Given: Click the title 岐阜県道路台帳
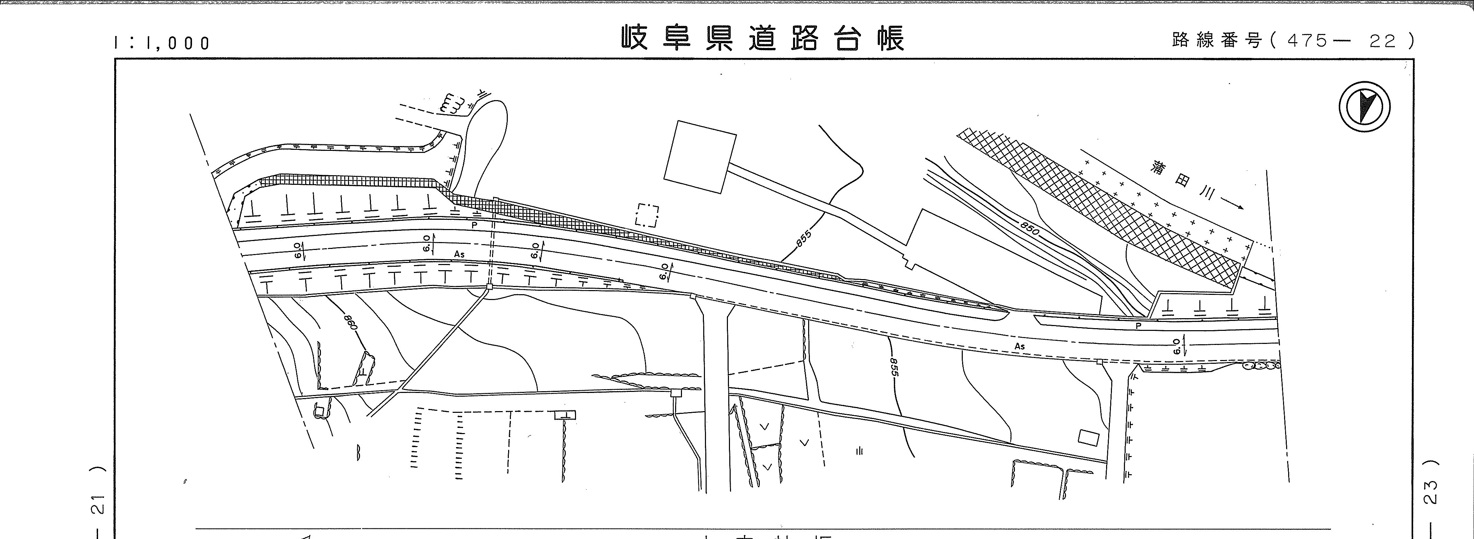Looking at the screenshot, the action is (x=763, y=39).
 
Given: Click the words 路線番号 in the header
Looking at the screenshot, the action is (x=1216, y=40).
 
